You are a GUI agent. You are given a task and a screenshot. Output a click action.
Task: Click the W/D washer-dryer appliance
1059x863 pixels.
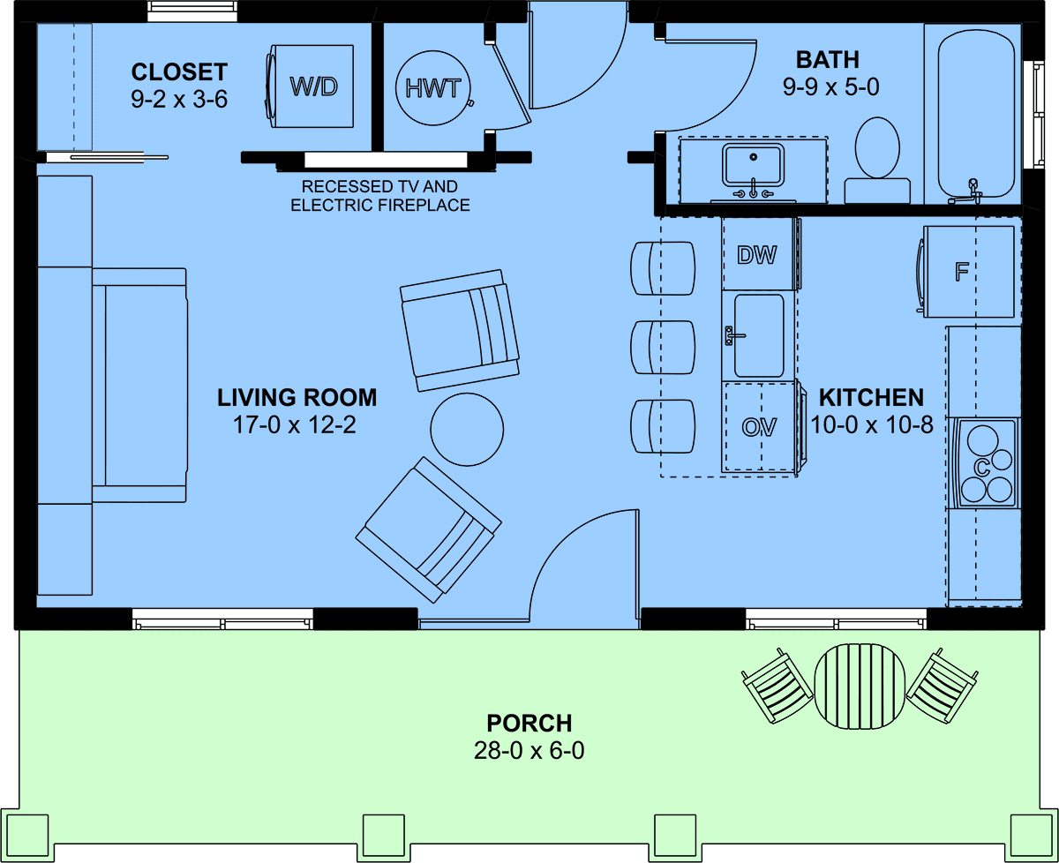311,86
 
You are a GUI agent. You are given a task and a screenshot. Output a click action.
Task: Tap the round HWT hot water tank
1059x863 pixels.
433,88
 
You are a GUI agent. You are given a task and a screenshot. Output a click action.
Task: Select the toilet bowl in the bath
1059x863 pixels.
877,147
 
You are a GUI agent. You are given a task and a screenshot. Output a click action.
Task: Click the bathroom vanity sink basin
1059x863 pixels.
754,164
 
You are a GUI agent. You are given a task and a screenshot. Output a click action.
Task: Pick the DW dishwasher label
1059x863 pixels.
756,255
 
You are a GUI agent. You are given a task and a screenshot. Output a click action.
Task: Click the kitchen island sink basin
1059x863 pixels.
759,335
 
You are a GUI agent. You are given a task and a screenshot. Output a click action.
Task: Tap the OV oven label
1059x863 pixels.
759,427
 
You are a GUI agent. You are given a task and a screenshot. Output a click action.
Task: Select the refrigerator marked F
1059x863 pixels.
966,272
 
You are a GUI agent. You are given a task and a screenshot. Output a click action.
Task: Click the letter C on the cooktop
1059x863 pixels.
981,468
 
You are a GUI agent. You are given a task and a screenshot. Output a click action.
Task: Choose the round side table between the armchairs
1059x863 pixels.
467,430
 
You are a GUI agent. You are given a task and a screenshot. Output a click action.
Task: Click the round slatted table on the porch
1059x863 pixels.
860,687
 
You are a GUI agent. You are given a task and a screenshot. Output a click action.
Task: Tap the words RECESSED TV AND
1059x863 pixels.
379,186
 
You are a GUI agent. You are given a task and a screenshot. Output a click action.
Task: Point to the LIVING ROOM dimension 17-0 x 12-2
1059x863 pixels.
295,425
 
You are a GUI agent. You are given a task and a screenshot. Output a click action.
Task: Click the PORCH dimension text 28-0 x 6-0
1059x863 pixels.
529,751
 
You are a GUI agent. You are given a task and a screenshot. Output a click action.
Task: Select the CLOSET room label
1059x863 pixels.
179,72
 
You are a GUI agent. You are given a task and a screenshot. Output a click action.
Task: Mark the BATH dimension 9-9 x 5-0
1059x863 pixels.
830,87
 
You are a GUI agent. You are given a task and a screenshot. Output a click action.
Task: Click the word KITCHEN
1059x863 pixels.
871,398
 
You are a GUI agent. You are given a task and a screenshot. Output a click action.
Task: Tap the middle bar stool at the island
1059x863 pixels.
663,347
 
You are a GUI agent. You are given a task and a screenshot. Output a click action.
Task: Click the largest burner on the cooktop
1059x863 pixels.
982,440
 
